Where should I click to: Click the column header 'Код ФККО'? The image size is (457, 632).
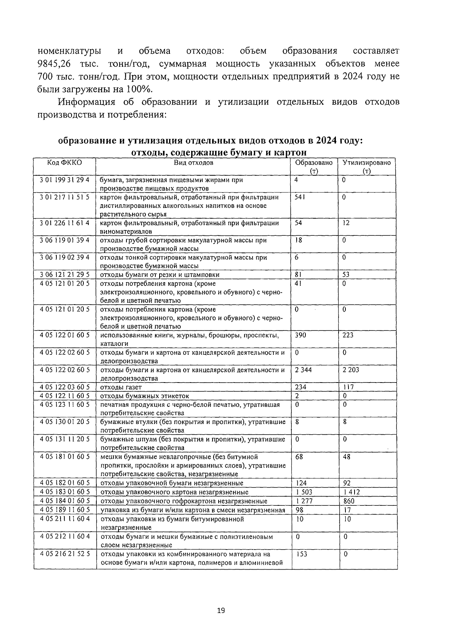click(64, 163)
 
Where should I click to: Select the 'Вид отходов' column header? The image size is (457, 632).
click(193, 163)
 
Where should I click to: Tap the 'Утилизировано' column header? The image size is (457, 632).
click(366, 163)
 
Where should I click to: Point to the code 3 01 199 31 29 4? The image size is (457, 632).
click(64, 180)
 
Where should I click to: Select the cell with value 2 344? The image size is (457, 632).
click(303, 370)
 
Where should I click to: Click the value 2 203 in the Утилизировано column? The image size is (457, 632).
click(350, 370)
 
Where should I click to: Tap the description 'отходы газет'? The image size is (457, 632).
click(121, 387)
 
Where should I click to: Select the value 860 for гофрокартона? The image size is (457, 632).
click(348, 501)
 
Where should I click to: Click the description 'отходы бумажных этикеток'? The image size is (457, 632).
click(144, 396)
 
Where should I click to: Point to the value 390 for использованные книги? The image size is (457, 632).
click(300, 335)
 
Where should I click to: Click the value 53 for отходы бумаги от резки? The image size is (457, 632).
click(346, 275)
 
